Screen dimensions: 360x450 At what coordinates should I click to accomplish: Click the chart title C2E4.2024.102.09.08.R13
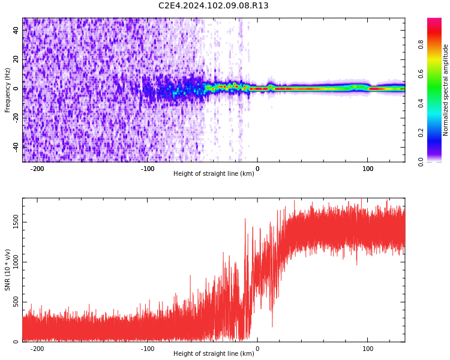coord(213,6)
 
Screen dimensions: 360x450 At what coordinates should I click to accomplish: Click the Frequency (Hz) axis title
coord(7,89)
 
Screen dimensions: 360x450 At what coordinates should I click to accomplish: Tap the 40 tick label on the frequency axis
coord(16,31)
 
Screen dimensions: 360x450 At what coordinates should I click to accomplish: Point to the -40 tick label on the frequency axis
coord(15,146)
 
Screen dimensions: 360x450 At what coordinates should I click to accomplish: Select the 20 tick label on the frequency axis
coord(16,59)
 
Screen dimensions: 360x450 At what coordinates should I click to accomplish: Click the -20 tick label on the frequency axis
coord(15,118)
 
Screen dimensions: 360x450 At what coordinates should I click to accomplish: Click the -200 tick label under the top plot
coord(37,169)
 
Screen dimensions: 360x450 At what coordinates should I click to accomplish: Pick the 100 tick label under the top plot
coord(368,169)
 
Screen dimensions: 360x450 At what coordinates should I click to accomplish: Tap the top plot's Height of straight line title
coord(214,174)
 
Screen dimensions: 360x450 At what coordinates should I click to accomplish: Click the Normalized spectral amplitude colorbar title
coord(446,90)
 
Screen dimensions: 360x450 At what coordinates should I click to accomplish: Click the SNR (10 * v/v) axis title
coord(7,270)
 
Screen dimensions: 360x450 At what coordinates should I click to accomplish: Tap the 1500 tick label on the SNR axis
coord(12,223)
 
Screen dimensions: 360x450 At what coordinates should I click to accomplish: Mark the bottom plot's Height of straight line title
coord(214,354)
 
